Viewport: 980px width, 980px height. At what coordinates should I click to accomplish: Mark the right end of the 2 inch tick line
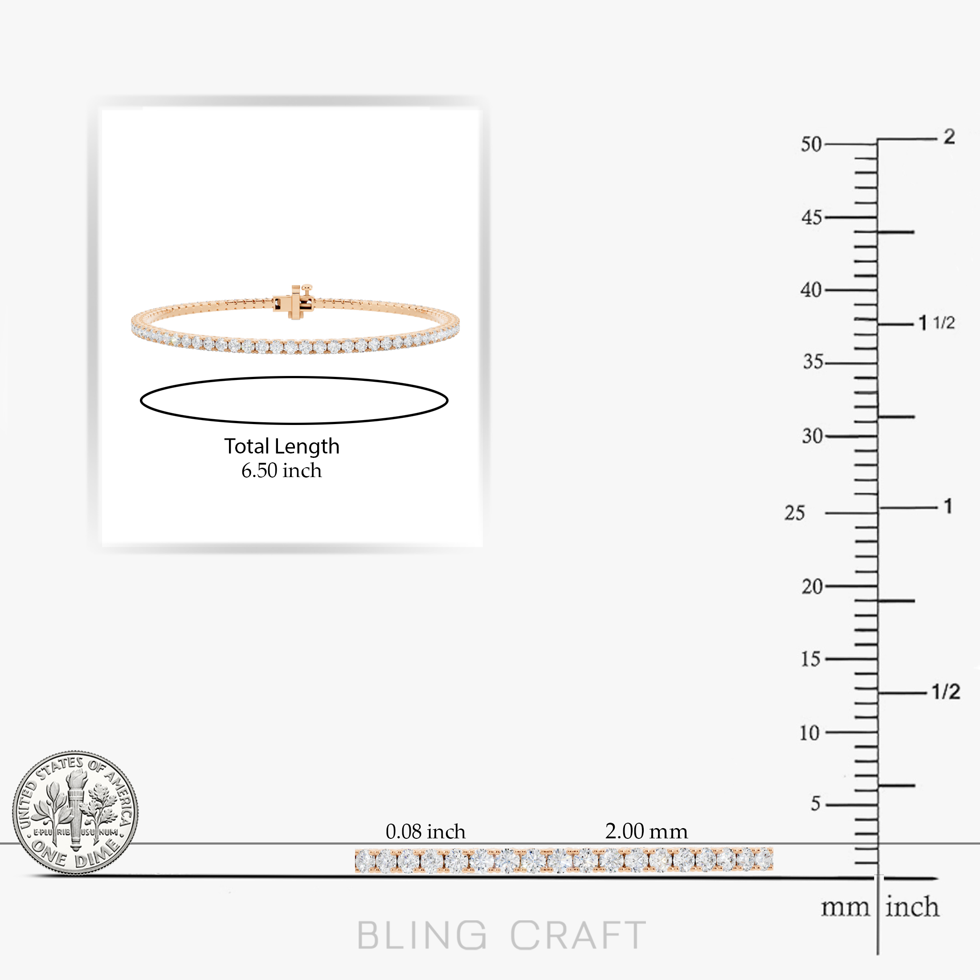click(937, 139)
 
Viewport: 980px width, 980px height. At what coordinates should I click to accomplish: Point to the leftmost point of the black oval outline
click(140, 400)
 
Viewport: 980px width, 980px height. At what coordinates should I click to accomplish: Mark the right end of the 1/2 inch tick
click(926, 693)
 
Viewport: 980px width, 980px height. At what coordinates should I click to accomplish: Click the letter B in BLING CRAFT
click(369, 935)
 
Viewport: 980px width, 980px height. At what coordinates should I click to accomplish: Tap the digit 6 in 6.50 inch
click(246, 471)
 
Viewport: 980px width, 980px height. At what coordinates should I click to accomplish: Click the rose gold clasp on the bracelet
click(294, 302)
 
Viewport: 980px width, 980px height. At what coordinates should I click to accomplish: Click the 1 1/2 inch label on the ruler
click(937, 323)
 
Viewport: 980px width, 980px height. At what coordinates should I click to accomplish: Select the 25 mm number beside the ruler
click(794, 513)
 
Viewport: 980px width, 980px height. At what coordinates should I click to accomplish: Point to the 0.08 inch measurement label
click(425, 831)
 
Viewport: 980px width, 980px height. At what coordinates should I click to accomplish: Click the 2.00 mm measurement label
click(646, 831)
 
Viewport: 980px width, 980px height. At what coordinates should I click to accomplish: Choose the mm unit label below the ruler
click(845, 908)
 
